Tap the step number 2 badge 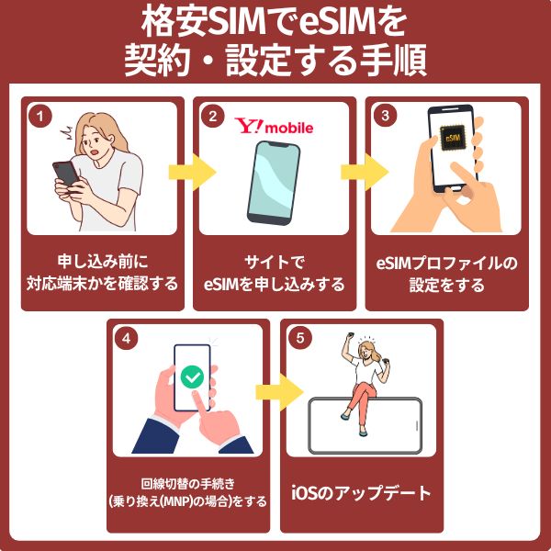(212, 117)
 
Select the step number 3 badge (385, 117)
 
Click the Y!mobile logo (274, 126)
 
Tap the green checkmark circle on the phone (192, 377)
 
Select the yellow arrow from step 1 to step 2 (191, 171)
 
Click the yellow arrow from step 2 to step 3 (364, 171)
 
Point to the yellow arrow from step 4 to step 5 (278, 390)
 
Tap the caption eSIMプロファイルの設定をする (446, 274)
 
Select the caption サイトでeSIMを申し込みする (274, 274)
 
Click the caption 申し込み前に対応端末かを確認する (102, 274)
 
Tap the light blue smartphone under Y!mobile (274, 182)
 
